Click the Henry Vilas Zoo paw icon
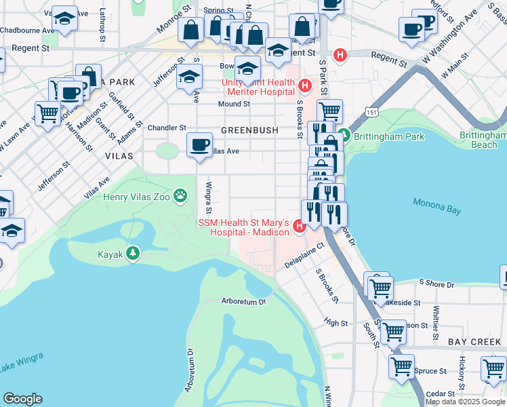[180, 197]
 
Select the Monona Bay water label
[436, 206]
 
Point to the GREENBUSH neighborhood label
[247, 130]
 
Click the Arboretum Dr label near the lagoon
[244, 301]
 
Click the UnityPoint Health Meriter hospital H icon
[305, 85]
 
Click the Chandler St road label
[167, 128]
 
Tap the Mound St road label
[235, 104]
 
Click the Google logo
[22, 399]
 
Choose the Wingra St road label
[209, 195]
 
